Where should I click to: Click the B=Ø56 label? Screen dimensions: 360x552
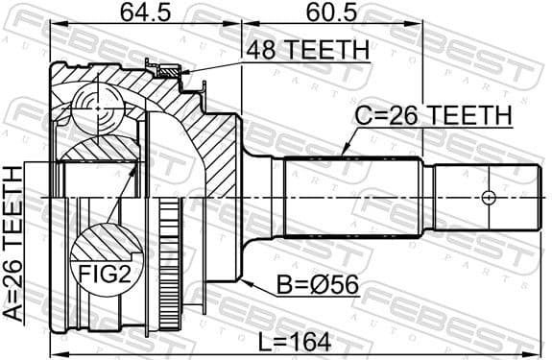tap(307, 285)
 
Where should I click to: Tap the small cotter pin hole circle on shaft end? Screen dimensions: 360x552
tap(488, 197)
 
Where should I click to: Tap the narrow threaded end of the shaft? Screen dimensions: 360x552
tap(480, 197)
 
